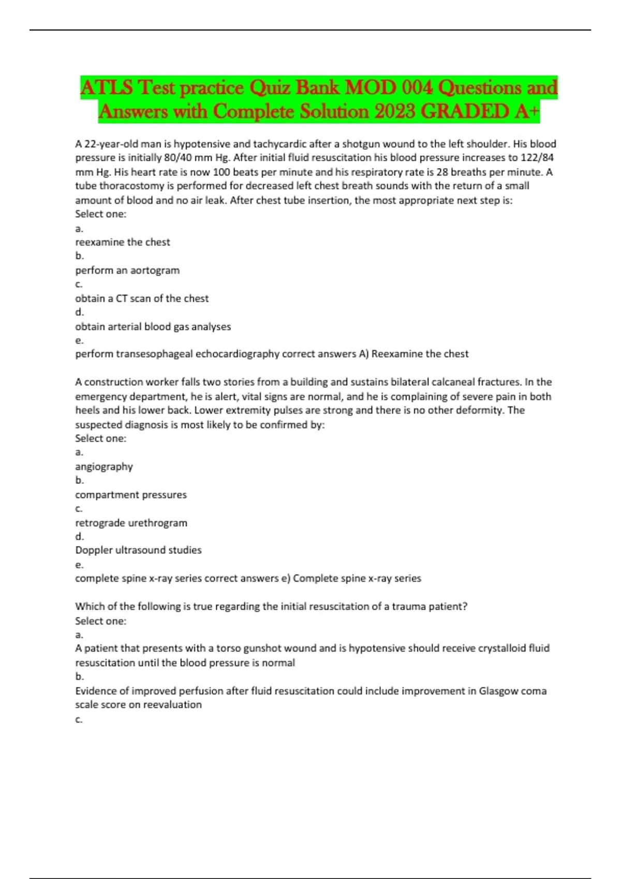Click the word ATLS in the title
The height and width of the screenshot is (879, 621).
[107, 88]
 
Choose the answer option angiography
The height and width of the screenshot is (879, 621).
[104, 467]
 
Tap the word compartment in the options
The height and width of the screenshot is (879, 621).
[107, 495]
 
